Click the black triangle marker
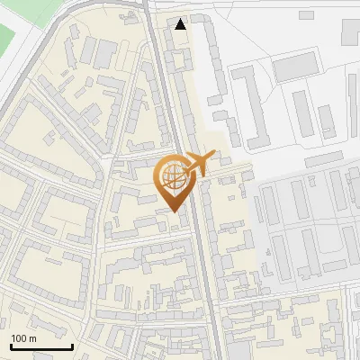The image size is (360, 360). [x=181, y=24]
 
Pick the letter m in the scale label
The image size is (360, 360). [x=33, y=338]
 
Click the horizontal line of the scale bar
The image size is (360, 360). [x=41, y=346]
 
